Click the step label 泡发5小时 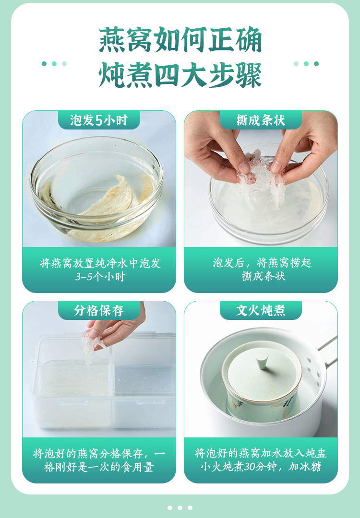[x=99, y=120]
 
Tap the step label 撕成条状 [x=261, y=120]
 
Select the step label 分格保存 [x=99, y=310]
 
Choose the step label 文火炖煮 [x=261, y=310]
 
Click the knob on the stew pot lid [x=262, y=359]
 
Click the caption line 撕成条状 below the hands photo [x=264, y=276]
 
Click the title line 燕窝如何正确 [x=180, y=40]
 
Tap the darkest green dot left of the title [x=44, y=64]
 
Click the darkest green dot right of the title [x=316, y=64]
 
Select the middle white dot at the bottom [x=180, y=508]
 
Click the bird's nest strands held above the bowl [x=261, y=180]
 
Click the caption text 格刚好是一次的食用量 [x=99, y=467]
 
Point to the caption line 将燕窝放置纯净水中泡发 [x=100, y=263]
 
